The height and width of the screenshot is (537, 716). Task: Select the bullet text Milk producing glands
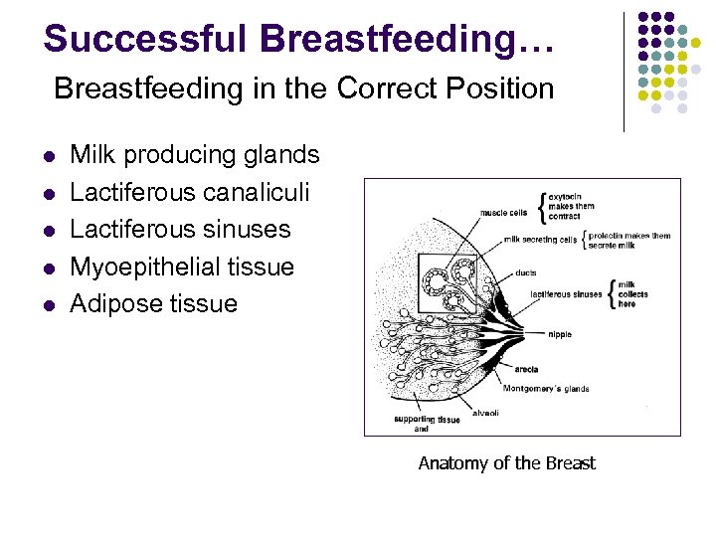(195, 155)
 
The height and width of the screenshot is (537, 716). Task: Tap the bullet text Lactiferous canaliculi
(190, 192)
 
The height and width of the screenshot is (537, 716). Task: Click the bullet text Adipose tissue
(153, 303)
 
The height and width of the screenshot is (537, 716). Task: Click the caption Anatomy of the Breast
(506, 462)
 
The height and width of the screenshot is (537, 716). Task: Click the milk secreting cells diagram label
(540, 240)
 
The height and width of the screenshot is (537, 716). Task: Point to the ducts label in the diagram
(526, 272)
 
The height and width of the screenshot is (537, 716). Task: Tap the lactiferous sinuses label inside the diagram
(566, 294)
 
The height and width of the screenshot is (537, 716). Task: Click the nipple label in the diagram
(559, 334)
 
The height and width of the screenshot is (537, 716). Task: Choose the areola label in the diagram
(526, 369)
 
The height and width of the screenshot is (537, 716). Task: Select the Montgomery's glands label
(546, 388)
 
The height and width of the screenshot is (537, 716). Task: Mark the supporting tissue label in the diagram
(427, 419)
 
